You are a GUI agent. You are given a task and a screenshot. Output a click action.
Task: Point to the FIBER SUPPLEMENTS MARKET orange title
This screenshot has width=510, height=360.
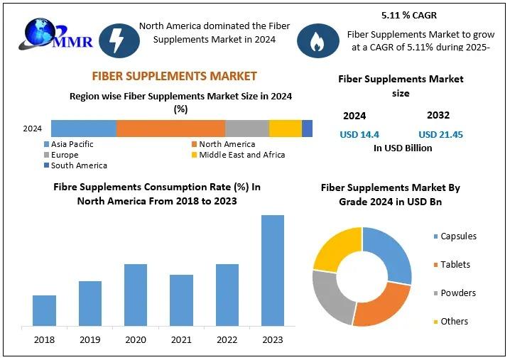pos(174,76)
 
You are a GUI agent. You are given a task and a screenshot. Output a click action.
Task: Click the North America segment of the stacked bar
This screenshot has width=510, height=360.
pos(170,129)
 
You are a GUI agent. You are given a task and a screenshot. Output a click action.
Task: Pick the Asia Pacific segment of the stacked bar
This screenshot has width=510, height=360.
pos(83,129)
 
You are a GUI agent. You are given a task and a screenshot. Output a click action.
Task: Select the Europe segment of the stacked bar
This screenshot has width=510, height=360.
pos(247,129)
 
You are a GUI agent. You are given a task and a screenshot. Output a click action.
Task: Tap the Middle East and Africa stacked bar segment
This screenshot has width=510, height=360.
pos(286,129)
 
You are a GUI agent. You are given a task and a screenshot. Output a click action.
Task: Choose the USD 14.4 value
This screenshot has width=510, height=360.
pos(361,134)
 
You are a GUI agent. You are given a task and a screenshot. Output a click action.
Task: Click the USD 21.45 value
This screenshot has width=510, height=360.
pos(440,134)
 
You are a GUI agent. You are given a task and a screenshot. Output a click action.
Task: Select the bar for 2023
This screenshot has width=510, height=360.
pos(272,270)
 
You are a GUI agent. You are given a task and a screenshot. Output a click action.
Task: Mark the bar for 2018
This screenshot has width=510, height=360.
pos(44,310)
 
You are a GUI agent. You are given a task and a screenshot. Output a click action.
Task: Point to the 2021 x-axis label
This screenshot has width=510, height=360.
pos(181,340)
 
